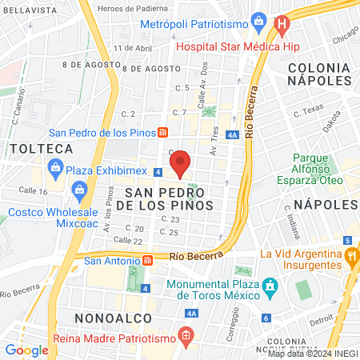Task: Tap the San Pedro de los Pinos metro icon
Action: [162, 133]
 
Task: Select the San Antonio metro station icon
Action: [146, 260]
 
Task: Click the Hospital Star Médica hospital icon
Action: [281, 26]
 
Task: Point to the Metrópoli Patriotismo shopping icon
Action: [258, 19]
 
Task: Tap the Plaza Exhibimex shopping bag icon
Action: [54, 167]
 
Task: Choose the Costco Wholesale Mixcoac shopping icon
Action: [79, 190]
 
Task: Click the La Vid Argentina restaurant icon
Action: [351, 256]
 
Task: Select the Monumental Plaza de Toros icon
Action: [270, 286]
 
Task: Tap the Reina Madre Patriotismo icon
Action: [186, 334]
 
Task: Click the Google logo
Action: [26, 350]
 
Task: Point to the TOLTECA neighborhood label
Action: [41, 149]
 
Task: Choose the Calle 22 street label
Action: [127, 240]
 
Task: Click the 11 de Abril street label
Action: [133, 47]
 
